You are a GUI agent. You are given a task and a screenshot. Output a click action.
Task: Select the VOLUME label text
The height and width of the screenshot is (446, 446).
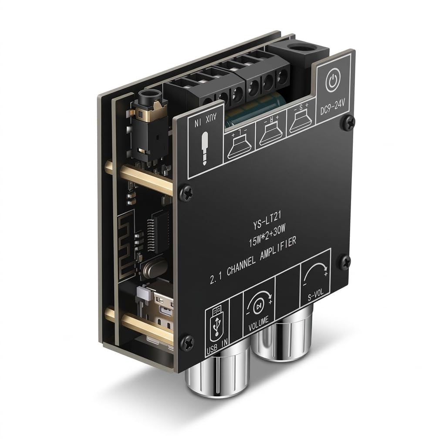point(259,322)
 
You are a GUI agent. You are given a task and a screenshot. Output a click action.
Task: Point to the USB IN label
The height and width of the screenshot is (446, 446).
point(217,348)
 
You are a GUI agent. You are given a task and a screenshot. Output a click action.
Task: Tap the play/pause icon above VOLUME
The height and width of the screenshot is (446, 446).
point(259,305)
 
